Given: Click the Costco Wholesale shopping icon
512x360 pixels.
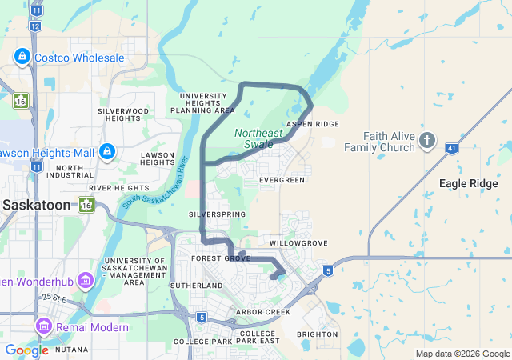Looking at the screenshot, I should click(x=21, y=58).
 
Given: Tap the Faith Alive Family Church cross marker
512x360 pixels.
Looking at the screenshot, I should click(x=427, y=142).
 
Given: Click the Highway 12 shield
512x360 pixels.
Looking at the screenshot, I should click(x=35, y=26).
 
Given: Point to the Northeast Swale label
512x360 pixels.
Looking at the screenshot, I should click(x=258, y=137).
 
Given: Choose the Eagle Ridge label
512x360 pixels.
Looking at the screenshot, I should click(x=469, y=183).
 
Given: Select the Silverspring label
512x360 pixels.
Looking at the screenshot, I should click(x=214, y=215).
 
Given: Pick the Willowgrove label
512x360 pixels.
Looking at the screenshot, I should click(x=298, y=242).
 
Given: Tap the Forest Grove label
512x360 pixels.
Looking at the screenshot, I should click(x=221, y=258).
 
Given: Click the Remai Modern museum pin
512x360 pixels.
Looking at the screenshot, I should click(x=45, y=326).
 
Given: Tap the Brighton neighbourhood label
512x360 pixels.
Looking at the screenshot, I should click(x=317, y=334).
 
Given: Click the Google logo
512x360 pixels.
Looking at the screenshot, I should click(x=26, y=350).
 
